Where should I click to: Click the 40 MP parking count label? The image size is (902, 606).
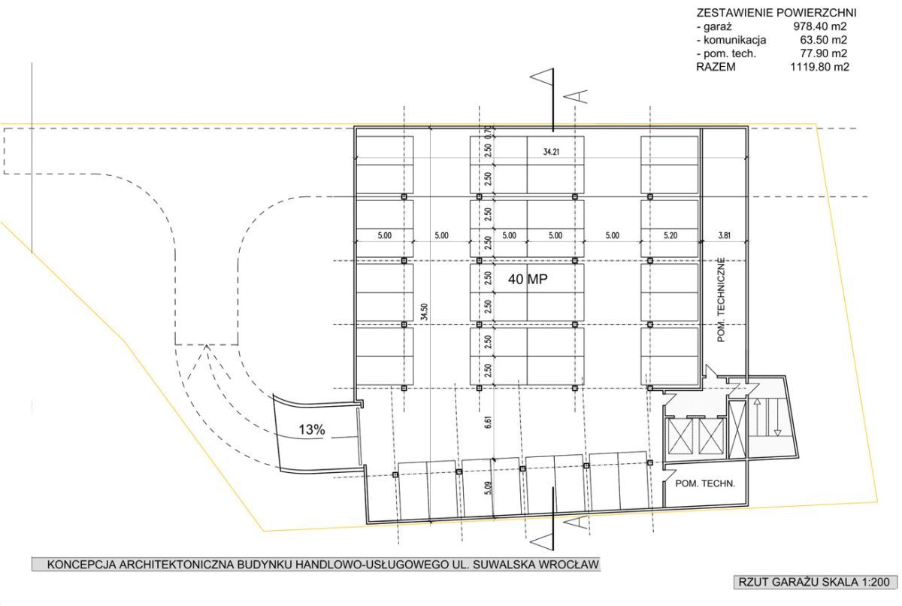tap(528, 279)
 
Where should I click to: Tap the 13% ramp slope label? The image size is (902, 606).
tap(312, 429)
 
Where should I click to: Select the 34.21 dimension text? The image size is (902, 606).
tap(551, 152)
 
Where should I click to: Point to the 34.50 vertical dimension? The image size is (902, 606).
tap(424, 312)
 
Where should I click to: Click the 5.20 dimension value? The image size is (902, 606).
tap(670, 235)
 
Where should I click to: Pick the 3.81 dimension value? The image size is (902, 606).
tap(725, 235)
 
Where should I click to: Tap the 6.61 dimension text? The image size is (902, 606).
tap(489, 422)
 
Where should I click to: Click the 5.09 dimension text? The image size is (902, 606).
tap(489, 489)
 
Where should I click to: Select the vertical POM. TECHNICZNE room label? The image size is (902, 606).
tap(721, 300)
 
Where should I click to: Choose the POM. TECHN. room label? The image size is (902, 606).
tap(705, 483)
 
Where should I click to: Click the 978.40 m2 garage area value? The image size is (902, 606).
tap(820, 26)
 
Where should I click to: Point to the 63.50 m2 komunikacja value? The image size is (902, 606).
tap(824, 40)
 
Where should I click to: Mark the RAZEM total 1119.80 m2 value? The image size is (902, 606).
tap(819, 67)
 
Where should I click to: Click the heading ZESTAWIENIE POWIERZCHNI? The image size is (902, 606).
tap(776, 13)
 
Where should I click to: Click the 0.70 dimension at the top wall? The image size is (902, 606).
tap(489, 132)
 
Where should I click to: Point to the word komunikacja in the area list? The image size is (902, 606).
tap(735, 41)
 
